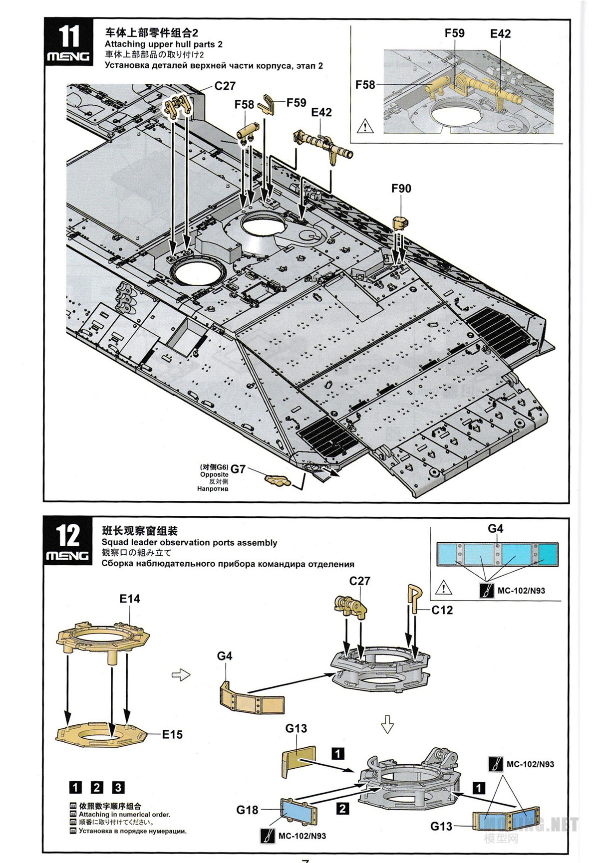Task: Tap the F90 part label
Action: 401,189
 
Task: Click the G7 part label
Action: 238,469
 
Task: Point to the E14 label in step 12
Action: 130,599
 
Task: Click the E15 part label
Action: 172,734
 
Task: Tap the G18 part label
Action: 247,810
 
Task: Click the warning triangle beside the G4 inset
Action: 443,588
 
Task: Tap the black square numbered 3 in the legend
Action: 118,788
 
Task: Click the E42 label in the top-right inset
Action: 500,34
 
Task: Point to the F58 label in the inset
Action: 365,85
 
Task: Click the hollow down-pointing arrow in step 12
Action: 387,724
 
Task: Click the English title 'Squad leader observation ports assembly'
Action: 189,543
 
